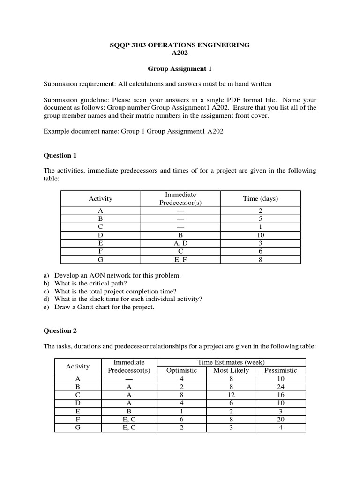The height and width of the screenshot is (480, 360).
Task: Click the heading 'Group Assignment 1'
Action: pos(180,69)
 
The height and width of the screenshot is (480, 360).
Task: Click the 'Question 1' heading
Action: pos(60,155)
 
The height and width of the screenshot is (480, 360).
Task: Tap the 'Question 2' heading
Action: pos(60,330)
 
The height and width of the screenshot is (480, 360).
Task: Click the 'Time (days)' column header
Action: pos(260,198)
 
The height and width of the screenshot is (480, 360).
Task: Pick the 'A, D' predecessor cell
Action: pos(180,243)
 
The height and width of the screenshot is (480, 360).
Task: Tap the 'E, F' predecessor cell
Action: pos(180,259)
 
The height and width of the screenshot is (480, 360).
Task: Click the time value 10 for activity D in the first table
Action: pos(261,235)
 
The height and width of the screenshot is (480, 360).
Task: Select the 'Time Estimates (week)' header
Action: pos(231,362)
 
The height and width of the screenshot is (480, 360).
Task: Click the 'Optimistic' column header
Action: pos(182,370)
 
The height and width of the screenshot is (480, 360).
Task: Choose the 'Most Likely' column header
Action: pos(231,370)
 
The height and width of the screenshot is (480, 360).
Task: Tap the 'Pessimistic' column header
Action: pos(280,370)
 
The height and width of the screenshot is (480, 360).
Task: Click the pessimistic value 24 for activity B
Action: pos(280,387)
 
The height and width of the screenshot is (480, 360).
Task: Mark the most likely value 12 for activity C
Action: pos(231,395)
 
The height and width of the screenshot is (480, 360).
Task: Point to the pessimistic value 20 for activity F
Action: pos(280,420)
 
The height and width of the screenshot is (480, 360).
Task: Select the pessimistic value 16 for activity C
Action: pos(280,395)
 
